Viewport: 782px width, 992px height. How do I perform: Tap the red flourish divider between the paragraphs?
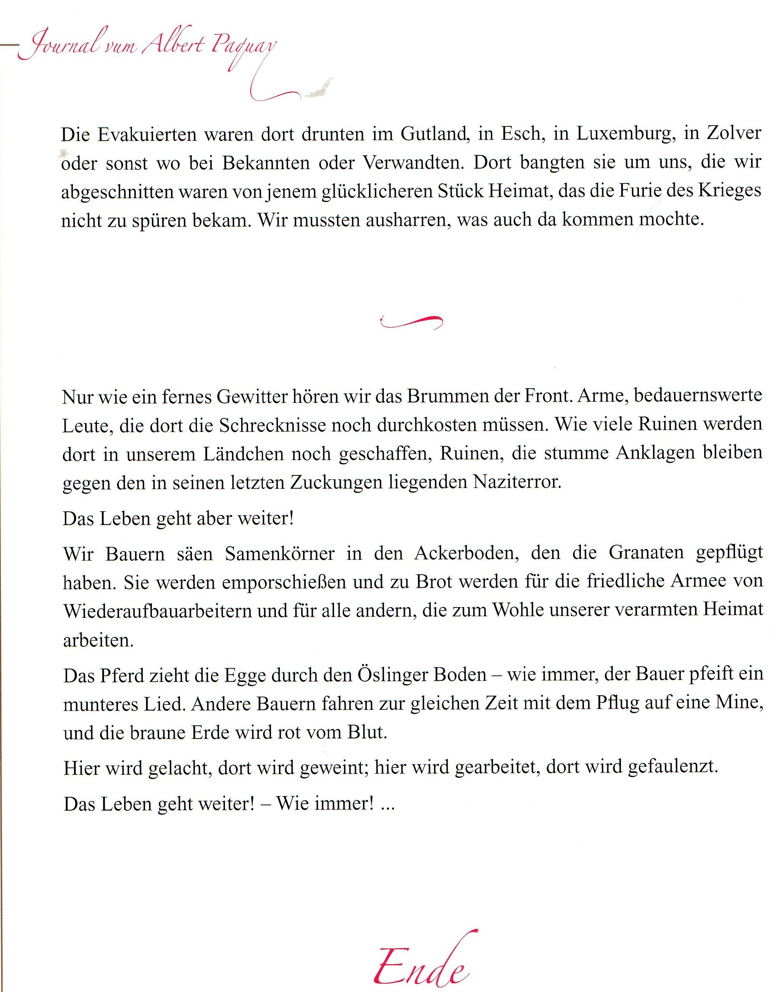click(x=411, y=322)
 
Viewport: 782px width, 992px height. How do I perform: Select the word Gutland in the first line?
click(x=434, y=134)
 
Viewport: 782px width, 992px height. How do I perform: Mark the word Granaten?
click(x=646, y=553)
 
